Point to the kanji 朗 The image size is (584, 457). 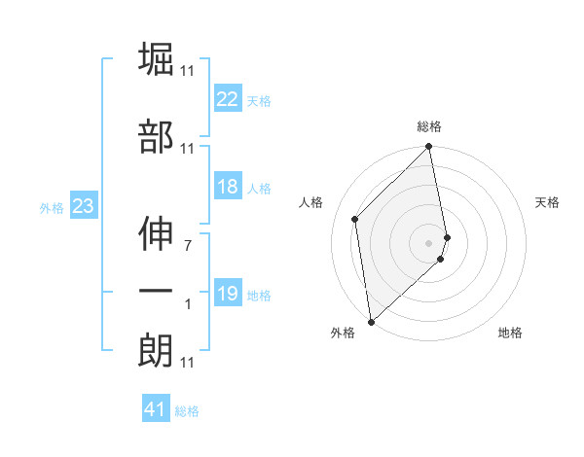pos(156,350)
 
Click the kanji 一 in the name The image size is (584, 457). pos(156,291)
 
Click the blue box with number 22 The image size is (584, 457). pos(228,99)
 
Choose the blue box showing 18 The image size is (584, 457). pos(228,187)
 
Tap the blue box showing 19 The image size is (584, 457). pos(228,294)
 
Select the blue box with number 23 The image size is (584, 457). pos(83,206)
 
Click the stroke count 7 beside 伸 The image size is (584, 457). pos(188,246)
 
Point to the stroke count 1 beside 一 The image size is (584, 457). pos(188,304)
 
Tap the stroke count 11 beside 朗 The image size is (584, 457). pos(188,363)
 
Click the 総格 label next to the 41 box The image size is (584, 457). pos(187,411)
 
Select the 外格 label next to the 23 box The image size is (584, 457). pos(51,207)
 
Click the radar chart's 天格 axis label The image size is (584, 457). pos(548,202)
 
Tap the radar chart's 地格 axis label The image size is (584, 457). pos(510,333)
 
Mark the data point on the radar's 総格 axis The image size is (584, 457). pos(429,148)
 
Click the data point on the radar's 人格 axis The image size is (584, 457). pos(355,219)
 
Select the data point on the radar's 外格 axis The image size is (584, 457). pos(371,321)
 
